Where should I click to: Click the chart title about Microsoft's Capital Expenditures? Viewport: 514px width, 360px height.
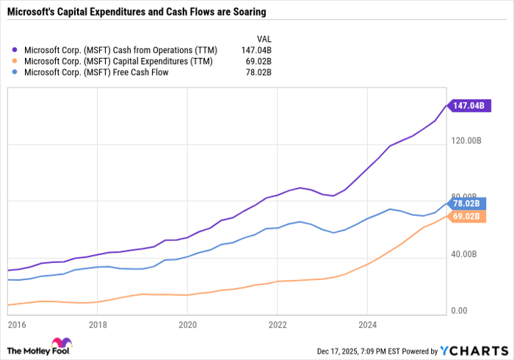pos(136,12)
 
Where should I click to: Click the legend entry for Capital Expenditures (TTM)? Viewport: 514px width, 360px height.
pos(118,62)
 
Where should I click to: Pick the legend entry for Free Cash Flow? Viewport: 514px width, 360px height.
pos(95,73)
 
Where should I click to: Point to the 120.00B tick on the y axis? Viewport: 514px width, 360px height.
pos(486,140)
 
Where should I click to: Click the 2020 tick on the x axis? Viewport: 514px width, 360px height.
pos(187,323)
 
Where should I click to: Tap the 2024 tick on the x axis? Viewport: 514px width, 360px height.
pos(367,323)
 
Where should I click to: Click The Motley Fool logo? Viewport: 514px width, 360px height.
pos(38,347)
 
